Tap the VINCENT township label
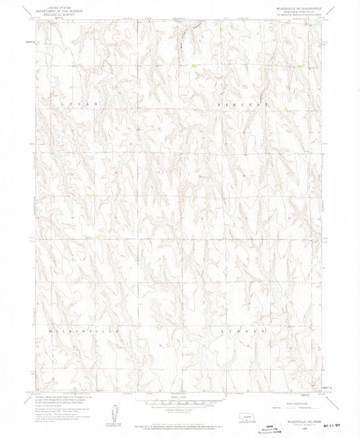tap(242, 105)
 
